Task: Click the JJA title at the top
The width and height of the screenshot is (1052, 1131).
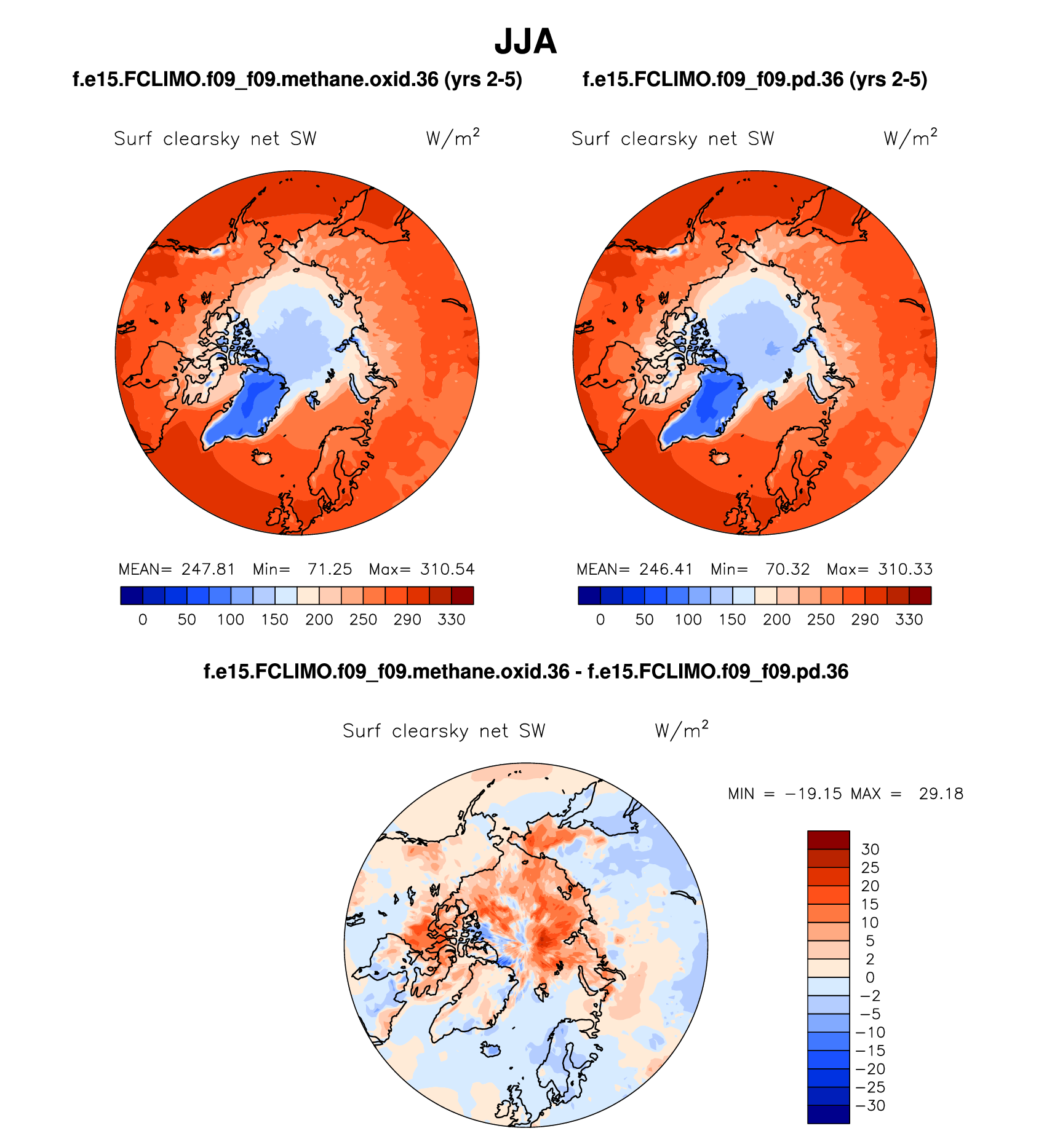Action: (525, 42)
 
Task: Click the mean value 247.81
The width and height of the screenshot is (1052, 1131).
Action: (208, 569)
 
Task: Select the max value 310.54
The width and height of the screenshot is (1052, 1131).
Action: (447, 569)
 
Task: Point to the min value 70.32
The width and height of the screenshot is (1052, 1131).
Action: (787, 569)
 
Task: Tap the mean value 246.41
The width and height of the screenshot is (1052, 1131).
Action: (666, 569)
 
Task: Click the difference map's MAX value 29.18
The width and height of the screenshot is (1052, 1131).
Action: (941, 794)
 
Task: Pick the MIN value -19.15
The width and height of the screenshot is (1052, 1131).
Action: (813, 794)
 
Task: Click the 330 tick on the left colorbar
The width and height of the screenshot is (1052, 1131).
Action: (451, 620)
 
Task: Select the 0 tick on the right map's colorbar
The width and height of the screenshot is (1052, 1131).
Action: (600, 620)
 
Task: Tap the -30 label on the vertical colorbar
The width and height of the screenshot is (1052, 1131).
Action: (870, 1106)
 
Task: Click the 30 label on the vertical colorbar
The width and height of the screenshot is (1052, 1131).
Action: (870, 849)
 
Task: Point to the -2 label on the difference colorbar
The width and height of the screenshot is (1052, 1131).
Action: (870, 996)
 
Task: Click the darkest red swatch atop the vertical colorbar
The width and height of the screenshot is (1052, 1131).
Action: (828, 840)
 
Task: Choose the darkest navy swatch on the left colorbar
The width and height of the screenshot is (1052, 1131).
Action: (132, 596)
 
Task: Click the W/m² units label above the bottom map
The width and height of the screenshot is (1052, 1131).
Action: (682, 730)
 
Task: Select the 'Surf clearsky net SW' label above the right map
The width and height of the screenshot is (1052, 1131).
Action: (672, 139)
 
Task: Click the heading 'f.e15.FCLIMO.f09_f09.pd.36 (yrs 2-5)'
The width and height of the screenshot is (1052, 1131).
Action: (755, 80)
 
